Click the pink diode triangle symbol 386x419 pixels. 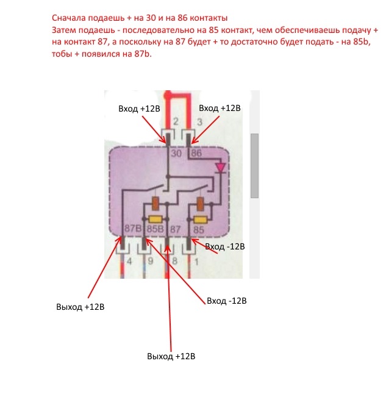221,167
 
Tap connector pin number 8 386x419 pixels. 174,264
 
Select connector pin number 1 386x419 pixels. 196,264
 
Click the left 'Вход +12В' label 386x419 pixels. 138,109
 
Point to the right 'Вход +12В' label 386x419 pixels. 220,108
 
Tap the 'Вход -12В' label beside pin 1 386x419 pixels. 225,247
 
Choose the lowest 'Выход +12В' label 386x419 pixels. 171,356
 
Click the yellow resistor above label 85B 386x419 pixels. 155,220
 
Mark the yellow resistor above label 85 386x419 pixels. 199,220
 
